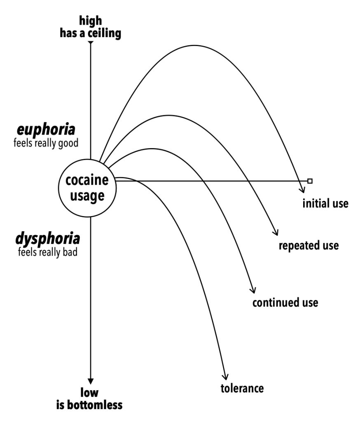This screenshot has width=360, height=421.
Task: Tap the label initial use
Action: [x=325, y=203]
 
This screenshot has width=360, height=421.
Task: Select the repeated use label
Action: [x=309, y=246]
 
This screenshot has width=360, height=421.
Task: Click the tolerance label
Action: [x=242, y=388]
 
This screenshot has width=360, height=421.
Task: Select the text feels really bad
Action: [x=48, y=252]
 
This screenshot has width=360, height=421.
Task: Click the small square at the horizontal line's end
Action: [x=310, y=181]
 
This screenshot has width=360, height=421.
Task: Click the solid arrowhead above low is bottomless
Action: [x=90, y=381]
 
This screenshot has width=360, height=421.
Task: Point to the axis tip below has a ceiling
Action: [x=90, y=43]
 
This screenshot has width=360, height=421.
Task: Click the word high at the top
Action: [x=90, y=21]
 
